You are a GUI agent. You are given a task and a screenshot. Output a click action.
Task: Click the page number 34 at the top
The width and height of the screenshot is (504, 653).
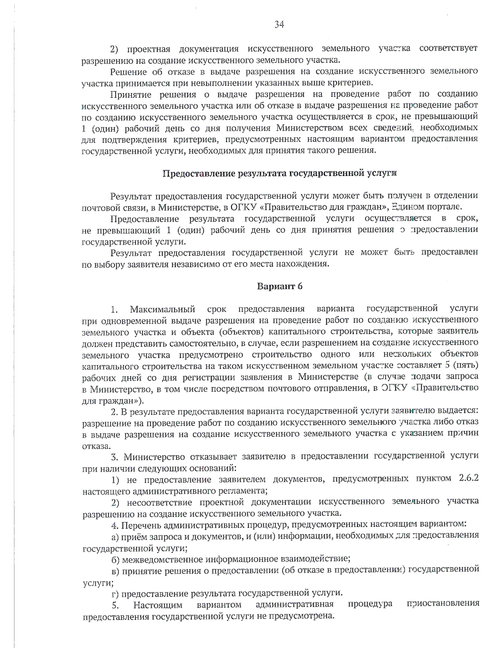[279, 25]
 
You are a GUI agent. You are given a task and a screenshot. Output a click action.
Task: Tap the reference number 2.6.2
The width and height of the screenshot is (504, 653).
[467, 479]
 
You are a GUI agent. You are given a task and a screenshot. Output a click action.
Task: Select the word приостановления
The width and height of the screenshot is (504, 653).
[443, 604]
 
